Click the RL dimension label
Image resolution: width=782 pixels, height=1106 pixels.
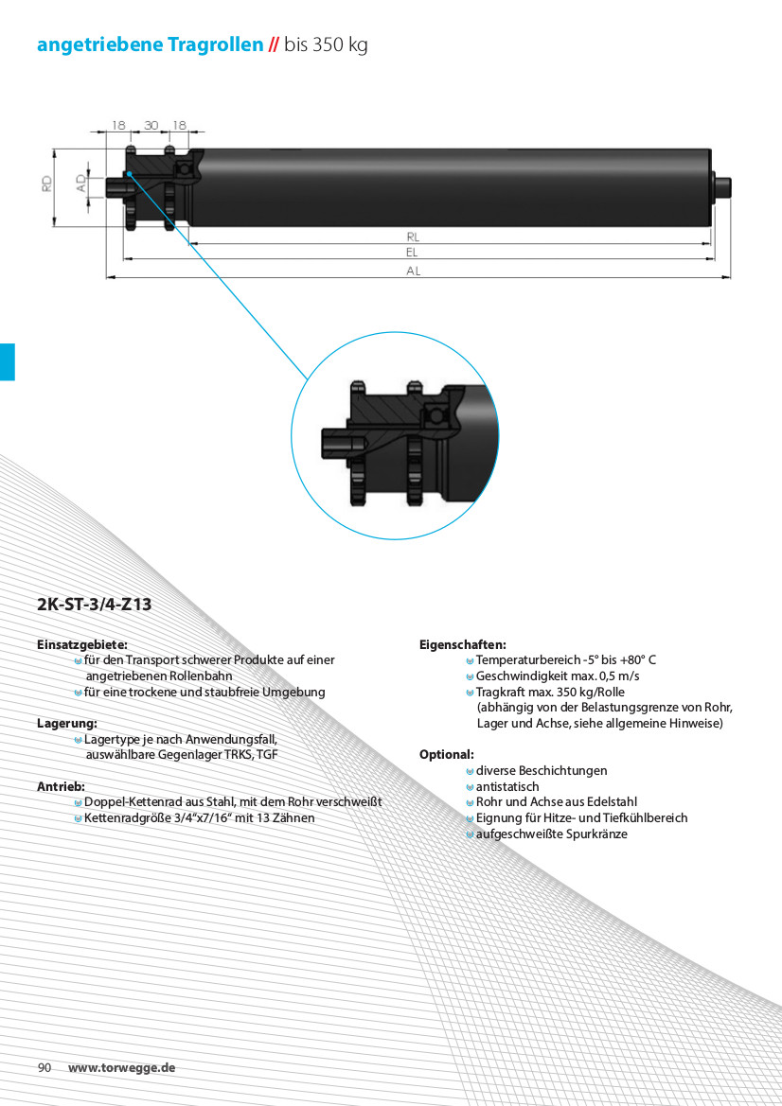pos(413,237)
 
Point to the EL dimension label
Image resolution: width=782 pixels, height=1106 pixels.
pos(412,252)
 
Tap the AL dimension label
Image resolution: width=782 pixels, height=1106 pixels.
pos(414,271)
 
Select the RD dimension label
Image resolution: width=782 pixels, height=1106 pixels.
pos(46,184)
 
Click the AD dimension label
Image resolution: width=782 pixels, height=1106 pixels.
pos(81,184)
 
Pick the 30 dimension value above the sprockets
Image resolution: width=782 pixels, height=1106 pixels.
pos(151,125)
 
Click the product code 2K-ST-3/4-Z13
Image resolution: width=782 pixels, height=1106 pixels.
pos(94,605)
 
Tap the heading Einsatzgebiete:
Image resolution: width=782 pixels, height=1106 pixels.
pos(81,644)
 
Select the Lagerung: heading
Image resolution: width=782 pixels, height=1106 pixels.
pos(67,723)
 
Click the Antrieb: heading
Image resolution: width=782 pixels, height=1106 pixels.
pos(61,786)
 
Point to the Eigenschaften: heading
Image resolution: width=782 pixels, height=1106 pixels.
pos(462,644)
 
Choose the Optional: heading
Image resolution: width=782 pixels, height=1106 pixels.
pos(446,755)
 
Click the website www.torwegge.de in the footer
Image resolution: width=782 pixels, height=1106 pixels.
pos(121,1067)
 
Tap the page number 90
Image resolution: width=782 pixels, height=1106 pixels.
pos(44,1067)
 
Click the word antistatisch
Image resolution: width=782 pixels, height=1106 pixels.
pos(507,786)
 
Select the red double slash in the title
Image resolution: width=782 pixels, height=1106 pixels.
pos(274,45)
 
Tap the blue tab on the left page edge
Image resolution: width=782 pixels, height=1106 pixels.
pos(7,361)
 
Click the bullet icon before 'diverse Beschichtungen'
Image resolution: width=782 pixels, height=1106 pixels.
pos(470,771)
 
